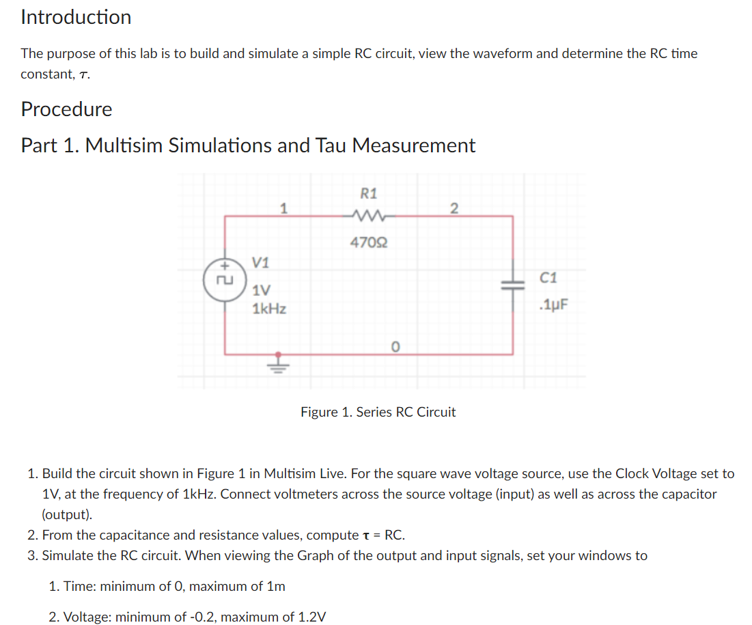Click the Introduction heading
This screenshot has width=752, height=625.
tap(76, 17)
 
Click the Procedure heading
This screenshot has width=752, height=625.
tap(66, 109)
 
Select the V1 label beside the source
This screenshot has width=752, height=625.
tap(261, 262)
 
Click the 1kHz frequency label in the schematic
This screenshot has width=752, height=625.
tap(269, 309)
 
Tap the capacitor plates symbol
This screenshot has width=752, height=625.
tap(513, 288)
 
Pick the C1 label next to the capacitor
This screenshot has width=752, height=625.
tap(548, 278)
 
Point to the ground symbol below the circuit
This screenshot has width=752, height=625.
tap(277, 364)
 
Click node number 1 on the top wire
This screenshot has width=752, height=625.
tap(283, 206)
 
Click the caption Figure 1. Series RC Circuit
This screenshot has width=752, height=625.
tap(378, 412)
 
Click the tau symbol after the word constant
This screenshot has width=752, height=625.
tap(83, 74)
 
